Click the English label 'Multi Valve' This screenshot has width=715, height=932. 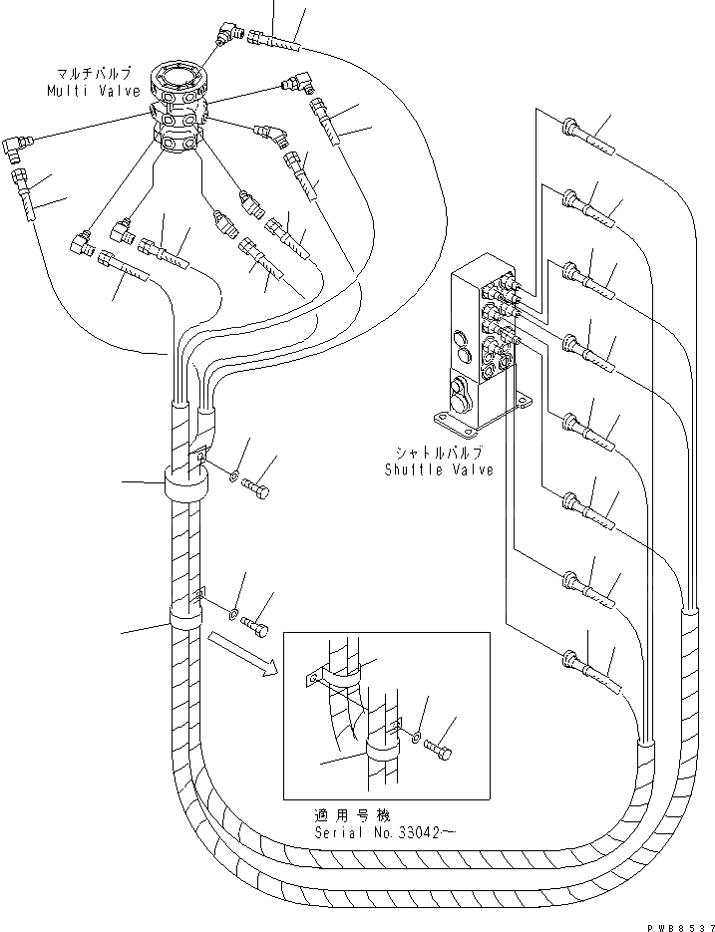click(84, 91)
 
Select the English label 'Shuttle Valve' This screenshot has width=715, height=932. click(438, 469)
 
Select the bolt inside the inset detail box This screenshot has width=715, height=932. click(442, 750)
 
